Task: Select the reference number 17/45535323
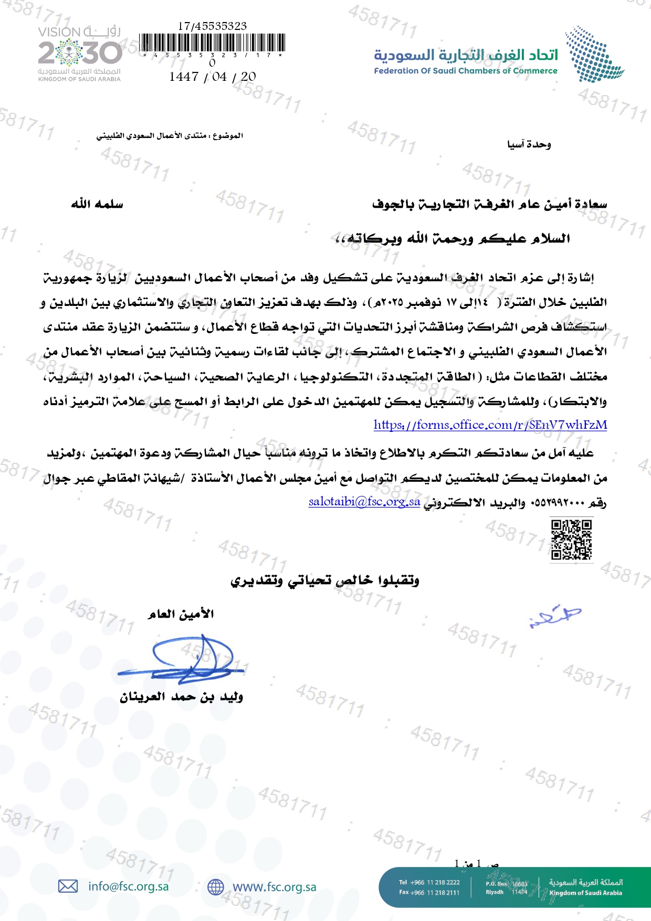click(x=212, y=26)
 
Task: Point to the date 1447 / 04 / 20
click(x=213, y=77)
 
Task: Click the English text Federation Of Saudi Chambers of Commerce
click(x=465, y=71)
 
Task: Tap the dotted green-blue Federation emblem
click(x=594, y=54)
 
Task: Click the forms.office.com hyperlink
click(x=490, y=425)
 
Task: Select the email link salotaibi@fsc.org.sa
click(x=364, y=502)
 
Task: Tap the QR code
click(x=571, y=539)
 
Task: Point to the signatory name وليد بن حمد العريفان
click(x=182, y=697)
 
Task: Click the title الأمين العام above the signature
click(x=181, y=614)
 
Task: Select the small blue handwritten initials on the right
click(x=555, y=616)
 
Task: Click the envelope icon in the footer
click(x=68, y=886)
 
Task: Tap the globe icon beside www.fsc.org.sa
click(x=216, y=887)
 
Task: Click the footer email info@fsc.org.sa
click(x=129, y=886)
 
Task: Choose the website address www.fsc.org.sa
click(x=275, y=887)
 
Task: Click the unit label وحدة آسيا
click(x=529, y=144)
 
